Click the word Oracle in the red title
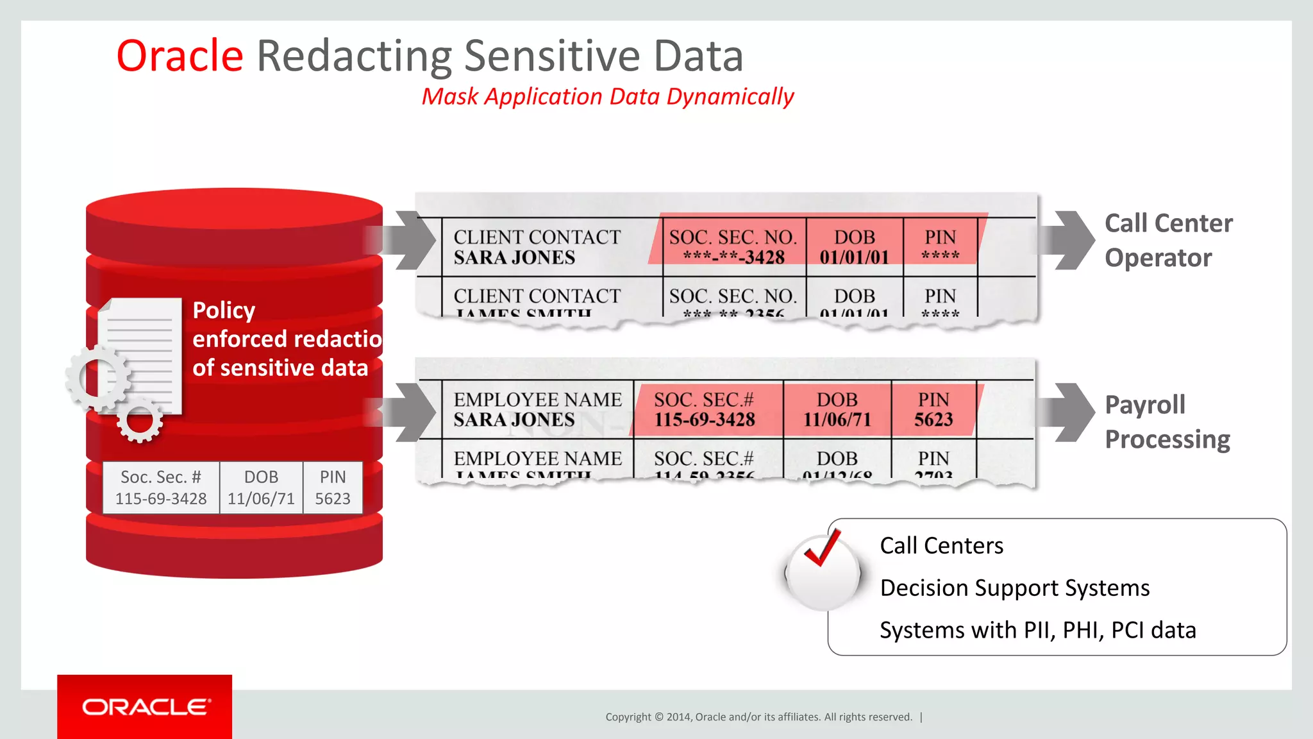180,56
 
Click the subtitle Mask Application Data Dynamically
607,97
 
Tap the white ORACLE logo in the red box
146,707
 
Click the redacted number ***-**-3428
733,258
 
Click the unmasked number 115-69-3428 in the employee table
705,420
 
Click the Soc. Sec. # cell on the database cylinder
161,488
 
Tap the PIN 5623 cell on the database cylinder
333,488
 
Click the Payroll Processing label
1167,422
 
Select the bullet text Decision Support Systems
1014,588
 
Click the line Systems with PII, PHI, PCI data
1037,631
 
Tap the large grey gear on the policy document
98,378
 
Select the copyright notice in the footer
758,717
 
